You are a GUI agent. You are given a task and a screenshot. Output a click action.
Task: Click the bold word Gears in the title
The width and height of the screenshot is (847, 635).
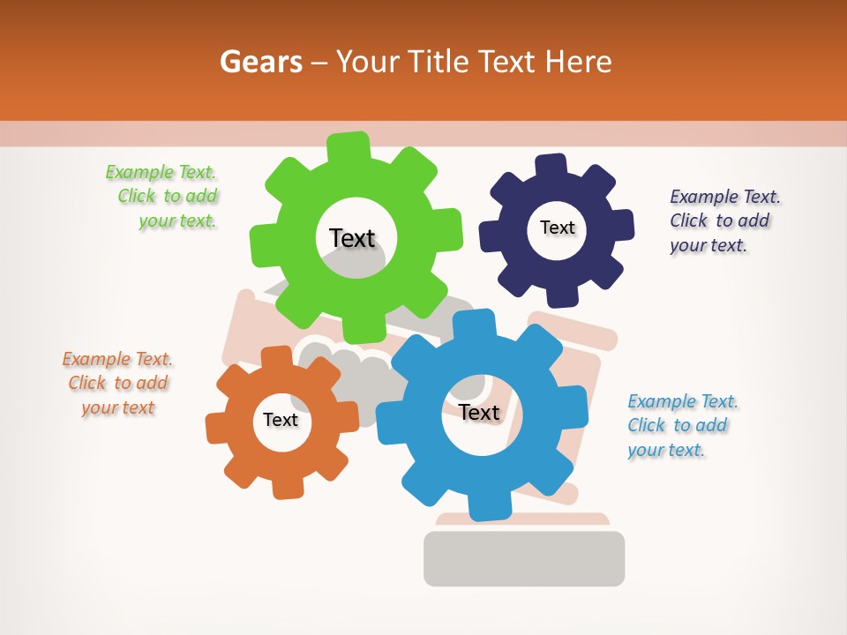coord(260,62)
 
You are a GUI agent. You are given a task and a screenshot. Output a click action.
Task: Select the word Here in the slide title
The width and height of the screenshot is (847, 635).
coord(579,62)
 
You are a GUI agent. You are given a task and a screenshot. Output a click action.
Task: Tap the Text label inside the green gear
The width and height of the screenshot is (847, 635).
coord(352,238)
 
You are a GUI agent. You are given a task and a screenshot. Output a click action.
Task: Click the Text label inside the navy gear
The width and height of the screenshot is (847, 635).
coord(557,228)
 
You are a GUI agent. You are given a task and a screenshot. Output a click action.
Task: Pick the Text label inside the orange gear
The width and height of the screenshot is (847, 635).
coord(281,420)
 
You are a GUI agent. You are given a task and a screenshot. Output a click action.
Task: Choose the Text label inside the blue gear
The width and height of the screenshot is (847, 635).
coord(479,412)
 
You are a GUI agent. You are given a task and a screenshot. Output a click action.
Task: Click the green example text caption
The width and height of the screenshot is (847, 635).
coord(162,197)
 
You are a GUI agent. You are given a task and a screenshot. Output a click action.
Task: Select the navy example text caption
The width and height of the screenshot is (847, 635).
coord(724,220)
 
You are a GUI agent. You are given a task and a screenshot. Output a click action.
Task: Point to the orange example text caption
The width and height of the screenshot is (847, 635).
coord(117,383)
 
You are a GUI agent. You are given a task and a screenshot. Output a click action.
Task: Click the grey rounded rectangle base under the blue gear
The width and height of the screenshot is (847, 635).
coord(524,558)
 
